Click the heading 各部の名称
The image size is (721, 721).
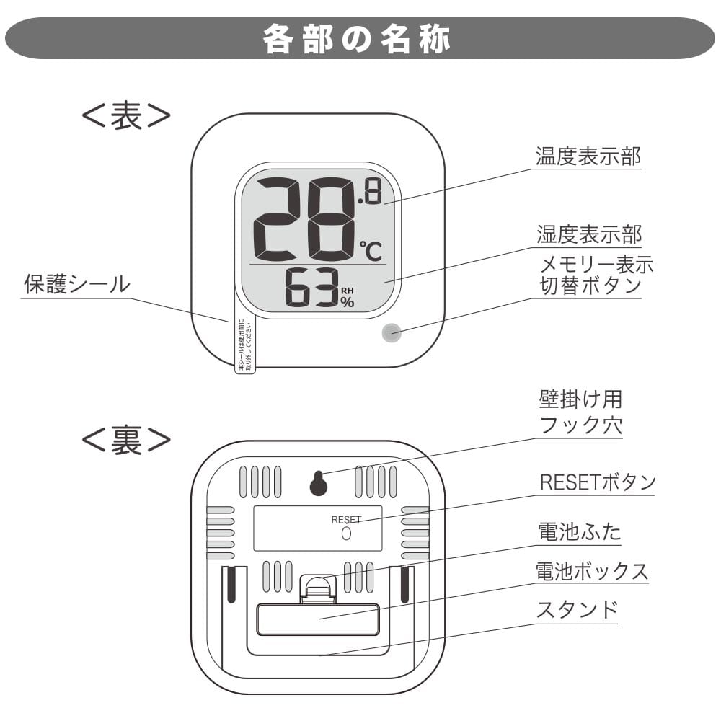pos(358,39)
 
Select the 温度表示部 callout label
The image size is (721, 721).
pos(588,156)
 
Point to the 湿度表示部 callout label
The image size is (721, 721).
pos(588,234)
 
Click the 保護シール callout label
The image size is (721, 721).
pos(76,284)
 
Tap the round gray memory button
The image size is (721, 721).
pos(391,332)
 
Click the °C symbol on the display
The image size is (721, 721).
pos(371,250)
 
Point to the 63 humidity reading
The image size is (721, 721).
pos(311,287)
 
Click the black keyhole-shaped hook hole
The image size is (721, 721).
pos(318,483)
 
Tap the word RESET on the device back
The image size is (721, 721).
pos(346,519)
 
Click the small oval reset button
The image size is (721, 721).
pos(345,534)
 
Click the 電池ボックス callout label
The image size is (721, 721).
pos(592,572)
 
